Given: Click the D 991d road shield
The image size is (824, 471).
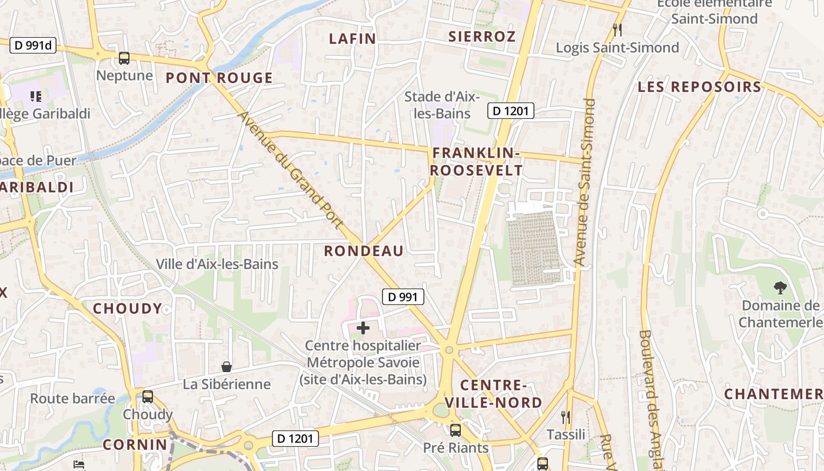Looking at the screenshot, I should (x=32, y=45).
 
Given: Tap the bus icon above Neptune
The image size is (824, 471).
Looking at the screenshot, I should (x=124, y=58).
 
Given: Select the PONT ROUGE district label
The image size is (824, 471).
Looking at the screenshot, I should (x=219, y=78).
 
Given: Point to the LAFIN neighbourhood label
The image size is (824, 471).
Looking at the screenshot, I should (x=352, y=39).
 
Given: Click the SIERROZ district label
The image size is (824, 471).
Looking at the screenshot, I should (x=482, y=37).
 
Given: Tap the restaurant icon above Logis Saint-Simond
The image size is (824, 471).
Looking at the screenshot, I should (x=617, y=29).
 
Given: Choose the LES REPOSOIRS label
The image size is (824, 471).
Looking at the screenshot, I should (x=699, y=87).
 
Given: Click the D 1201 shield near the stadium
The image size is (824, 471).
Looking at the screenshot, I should (x=510, y=110).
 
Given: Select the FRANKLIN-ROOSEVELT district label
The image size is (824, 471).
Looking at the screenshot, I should (x=477, y=162).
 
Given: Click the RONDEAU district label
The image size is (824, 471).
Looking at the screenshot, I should (x=364, y=251).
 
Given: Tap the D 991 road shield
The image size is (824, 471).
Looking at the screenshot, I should (x=403, y=297).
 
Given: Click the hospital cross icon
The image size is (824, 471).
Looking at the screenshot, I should (x=364, y=329).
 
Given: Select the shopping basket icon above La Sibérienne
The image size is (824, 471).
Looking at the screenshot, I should (x=227, y=367).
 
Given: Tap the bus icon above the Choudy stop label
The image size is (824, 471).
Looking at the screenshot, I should (x=147, y=397).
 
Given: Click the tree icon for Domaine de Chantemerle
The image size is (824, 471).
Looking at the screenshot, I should (x=780, y=288).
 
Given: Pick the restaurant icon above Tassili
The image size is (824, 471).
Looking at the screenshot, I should (x=566, y=417).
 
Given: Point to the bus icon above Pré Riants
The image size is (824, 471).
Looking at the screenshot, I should (x=456, y=430).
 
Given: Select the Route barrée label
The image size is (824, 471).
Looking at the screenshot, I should (x=72, y=399).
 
